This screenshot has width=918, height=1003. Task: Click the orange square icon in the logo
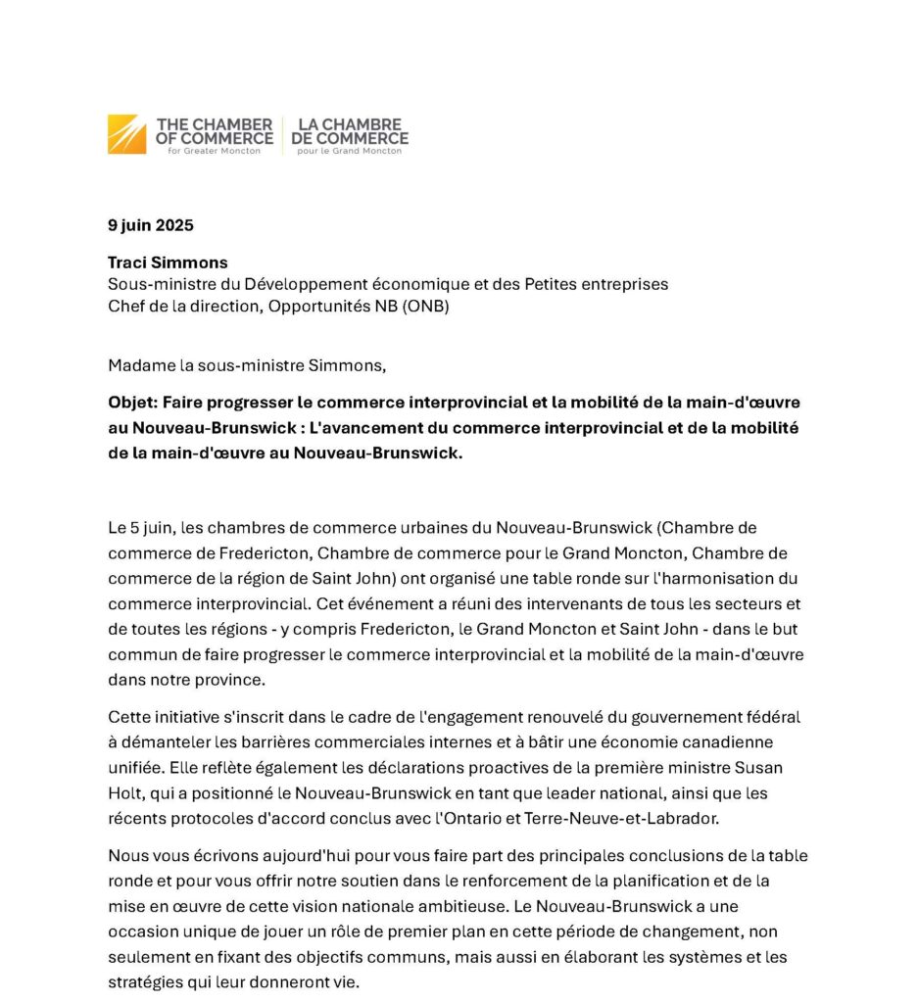[x=126, y=134]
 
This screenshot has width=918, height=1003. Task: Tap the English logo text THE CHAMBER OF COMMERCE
[x=214, y=132]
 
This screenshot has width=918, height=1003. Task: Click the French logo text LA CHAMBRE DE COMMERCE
[x=350, y=132]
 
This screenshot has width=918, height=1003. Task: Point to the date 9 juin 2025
[x=151, y=225]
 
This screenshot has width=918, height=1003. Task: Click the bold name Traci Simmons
[x=168, y=263]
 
